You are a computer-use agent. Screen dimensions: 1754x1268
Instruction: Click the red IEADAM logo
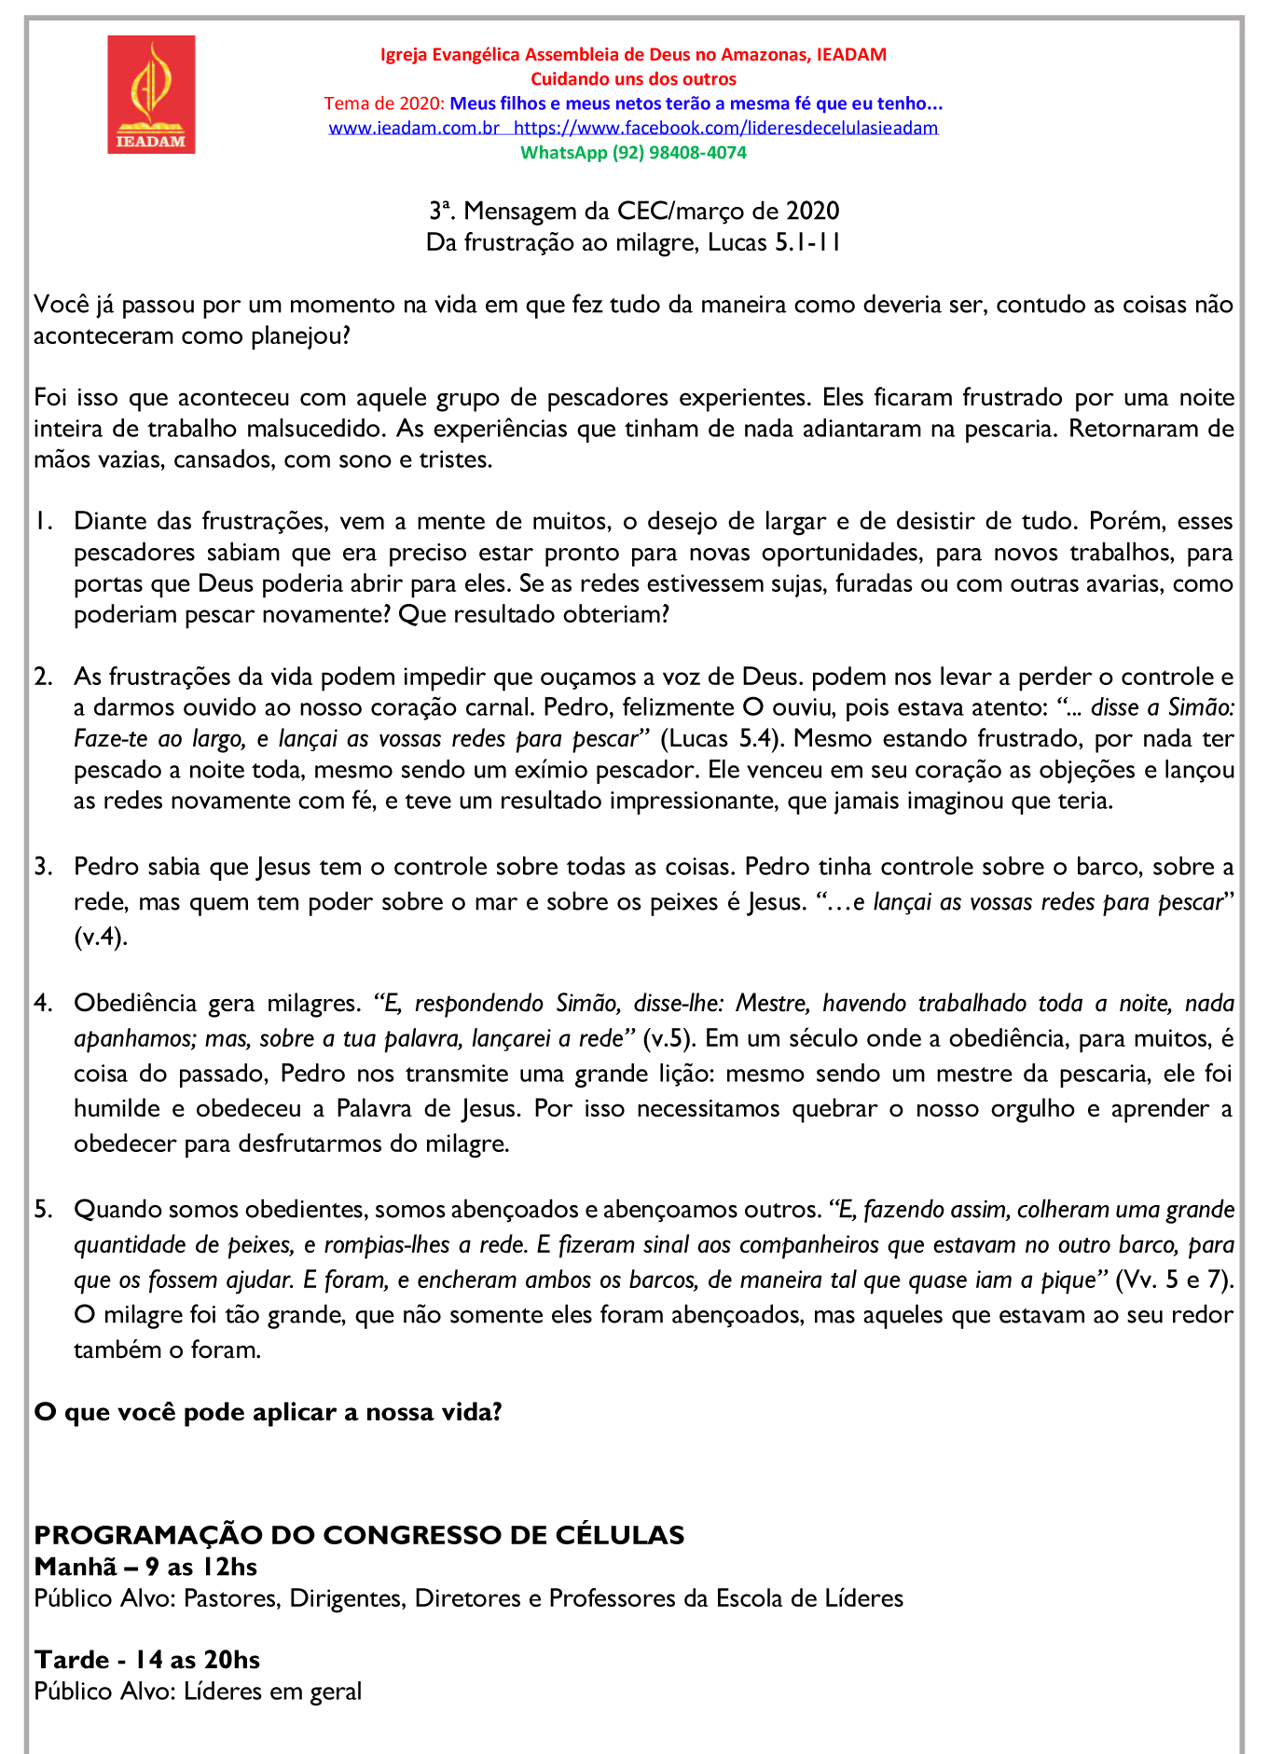click(151, 94)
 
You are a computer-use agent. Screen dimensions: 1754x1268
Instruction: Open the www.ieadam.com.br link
click(414, 128)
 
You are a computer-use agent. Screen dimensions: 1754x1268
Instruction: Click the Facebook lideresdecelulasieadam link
click(725, 128)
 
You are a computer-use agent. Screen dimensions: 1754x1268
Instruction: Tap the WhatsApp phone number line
click(633, 152)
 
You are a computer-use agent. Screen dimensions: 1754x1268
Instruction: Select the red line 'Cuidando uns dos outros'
click(633, 79)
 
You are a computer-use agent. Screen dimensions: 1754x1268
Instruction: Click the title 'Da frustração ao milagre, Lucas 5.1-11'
click(633, 242)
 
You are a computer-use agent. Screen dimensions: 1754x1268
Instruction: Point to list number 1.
click(43, 521)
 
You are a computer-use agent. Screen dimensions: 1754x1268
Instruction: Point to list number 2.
click(43, 677)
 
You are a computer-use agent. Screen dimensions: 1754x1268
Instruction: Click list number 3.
click(43, 867)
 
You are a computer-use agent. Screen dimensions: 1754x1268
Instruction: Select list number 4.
click(43, 1003)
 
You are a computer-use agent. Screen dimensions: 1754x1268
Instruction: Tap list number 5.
click(43, 1210)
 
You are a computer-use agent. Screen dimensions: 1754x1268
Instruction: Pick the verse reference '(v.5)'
click(670, 1038)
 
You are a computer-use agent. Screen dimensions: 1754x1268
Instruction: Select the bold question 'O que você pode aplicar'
click(268, 1412)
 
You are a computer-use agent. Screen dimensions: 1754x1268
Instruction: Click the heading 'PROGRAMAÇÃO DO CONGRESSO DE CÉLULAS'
click(359, 1535)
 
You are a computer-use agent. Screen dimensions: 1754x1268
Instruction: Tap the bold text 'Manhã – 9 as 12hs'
click(145, 1567)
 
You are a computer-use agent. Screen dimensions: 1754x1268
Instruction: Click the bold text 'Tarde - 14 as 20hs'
click(147, 1660)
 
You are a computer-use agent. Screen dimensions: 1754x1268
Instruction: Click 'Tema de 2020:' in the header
click(384, 103)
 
